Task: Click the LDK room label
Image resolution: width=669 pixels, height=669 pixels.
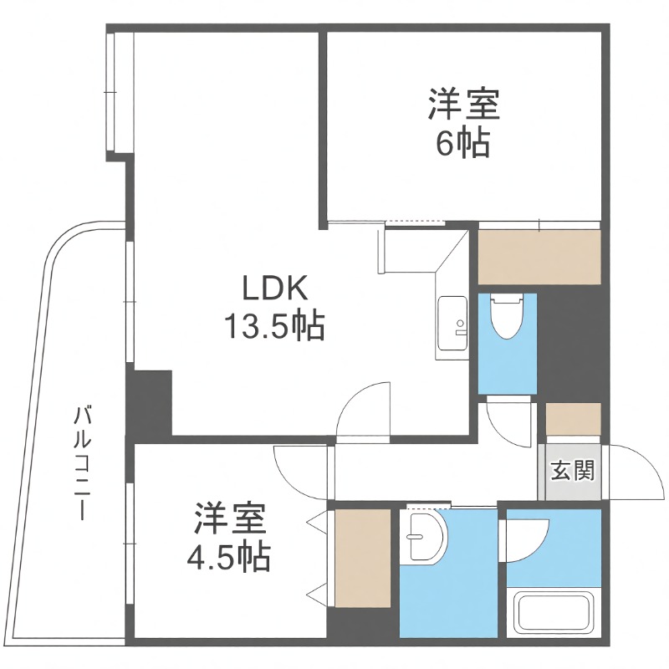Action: click(x=276, y=289)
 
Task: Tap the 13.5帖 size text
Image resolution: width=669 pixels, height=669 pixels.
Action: click(x=273, y=327)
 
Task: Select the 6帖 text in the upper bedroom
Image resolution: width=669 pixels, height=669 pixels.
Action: click(x=462, y=145)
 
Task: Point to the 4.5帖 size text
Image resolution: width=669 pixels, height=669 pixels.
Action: click(x=228, y=554)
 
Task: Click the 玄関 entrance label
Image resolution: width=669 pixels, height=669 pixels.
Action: click(x=573, y=471)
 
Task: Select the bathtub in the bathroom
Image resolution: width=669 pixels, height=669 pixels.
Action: click(x=554, y=612)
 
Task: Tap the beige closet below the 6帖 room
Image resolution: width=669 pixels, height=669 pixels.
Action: click(x=539, y=257)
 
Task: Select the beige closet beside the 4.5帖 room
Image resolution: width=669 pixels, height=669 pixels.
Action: click(x=362, y=557)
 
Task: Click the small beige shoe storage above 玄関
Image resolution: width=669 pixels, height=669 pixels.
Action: click(x=573, y=419)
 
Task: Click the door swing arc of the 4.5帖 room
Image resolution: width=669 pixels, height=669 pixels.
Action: click(x=300, y=473)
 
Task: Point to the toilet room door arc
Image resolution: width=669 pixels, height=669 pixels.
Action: click(x=511, y=421)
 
